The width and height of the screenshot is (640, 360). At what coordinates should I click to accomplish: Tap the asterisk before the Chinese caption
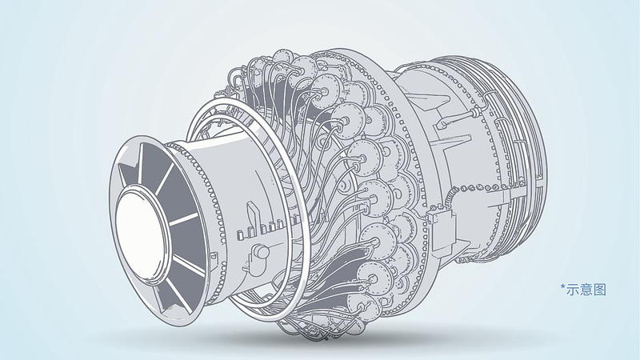563,287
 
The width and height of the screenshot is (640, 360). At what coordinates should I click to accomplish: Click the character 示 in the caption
573,290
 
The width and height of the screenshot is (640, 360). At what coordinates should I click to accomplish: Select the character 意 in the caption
586,290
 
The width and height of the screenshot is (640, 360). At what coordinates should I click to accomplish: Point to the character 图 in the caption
599,290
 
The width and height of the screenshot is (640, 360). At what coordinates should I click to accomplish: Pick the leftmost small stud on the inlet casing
241,234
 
